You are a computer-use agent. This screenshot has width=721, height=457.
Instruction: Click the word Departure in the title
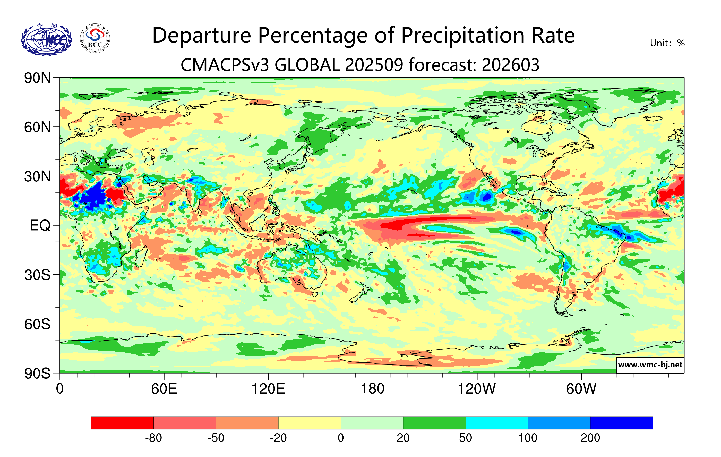click(202, 36)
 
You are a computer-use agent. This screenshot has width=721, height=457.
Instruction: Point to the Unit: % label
click(667, 44)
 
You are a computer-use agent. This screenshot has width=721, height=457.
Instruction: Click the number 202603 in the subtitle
click(511, 65)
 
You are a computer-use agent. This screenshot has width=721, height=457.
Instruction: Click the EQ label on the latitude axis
click(40, 225)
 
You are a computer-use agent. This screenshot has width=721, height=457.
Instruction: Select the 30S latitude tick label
click(37, 275)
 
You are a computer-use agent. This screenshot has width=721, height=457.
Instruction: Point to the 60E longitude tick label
click(164, 389)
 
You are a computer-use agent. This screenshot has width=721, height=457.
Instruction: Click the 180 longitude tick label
click(373, 389)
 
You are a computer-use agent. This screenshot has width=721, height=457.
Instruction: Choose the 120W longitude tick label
click(477, 389)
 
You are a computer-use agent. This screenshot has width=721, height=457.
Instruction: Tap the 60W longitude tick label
click(581, 389)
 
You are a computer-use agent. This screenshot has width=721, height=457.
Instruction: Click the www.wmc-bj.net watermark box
click(650, 365)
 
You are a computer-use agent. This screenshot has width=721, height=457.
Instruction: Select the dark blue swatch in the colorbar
click(621, 423)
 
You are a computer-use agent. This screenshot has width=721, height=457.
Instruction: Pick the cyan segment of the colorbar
click(497, 423)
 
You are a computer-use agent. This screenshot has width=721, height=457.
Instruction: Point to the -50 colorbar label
click(216, 438)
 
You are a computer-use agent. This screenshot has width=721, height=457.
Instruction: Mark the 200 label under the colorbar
click(590, 438)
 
